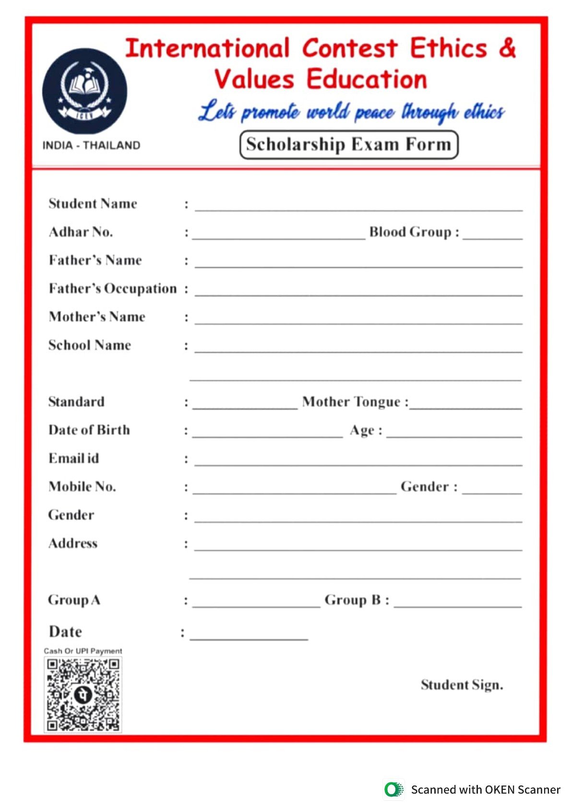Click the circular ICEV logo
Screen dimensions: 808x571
coord(85,91)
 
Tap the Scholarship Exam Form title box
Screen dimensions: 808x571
coord(349,144)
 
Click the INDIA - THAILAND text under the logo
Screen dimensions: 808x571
coord(91,145)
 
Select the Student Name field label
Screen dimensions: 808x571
coord(93,204)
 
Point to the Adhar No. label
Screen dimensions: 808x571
coord(81,232)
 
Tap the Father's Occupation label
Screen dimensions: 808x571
coord(113,289)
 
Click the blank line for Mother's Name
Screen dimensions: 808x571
coord(358,321)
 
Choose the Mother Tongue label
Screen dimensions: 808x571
coord(355,402)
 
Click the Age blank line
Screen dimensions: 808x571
coord(453,435)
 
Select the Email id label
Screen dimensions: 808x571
coord(73,459)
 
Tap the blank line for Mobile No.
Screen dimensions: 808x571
coord(294,491)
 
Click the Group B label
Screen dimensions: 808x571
coord(357,600)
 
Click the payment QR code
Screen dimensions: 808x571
coord(83,694)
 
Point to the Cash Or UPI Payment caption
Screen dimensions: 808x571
coord(83,651)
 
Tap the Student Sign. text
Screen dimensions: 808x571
coord(462,685)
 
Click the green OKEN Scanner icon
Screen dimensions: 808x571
coord(393,790)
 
